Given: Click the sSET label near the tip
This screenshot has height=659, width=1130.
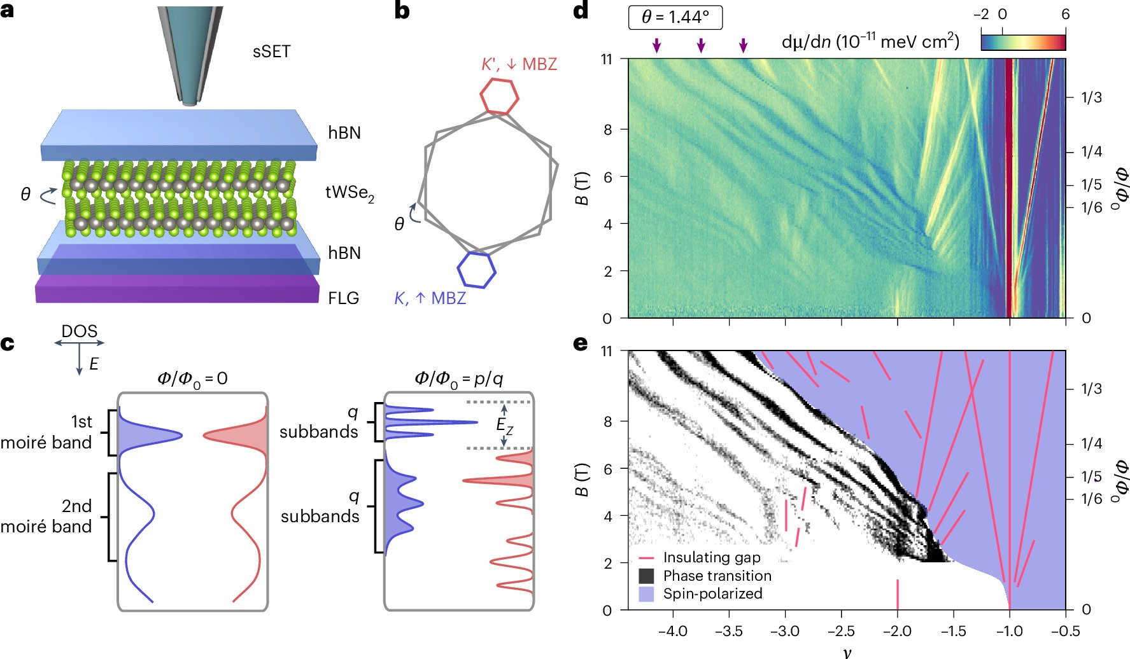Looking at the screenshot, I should [x=271, y=52].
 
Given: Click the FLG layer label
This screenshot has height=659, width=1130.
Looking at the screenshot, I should [x=343, y=298].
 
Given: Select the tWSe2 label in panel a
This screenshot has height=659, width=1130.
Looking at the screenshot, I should [x=350, y=192].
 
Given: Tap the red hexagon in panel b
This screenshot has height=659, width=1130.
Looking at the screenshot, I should [x=499, y=96].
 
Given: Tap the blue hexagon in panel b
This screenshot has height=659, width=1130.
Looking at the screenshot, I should [x=477, y=269].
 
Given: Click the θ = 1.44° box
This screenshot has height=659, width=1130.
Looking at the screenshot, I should [x=675, y=17].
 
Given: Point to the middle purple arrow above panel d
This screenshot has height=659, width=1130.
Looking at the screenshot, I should [x=701, y=45].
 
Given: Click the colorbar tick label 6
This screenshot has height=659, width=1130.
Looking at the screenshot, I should [x=1065, y=14].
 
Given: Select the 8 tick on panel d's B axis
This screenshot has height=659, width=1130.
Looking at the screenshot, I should [x=608, y=129].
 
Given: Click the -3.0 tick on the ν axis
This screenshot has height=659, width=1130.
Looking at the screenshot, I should [x=785, y=631].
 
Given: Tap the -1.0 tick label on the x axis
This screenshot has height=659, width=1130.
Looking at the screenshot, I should [x=1009, y=631].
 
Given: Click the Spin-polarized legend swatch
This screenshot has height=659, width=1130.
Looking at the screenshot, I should [x=646, y=594].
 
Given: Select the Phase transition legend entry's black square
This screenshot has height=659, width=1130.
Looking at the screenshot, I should [x=646, y=576].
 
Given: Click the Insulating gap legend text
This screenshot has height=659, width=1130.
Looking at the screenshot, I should [x=711, y=558].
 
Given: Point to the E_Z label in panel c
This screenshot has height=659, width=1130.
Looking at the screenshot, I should [x=504, y=425].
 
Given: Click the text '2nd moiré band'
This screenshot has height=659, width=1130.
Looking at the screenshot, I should [x=46, y=516].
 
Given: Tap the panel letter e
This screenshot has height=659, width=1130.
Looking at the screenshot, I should [x=580, y=343].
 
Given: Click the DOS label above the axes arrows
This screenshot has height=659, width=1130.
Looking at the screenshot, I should [x=79, y=331].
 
